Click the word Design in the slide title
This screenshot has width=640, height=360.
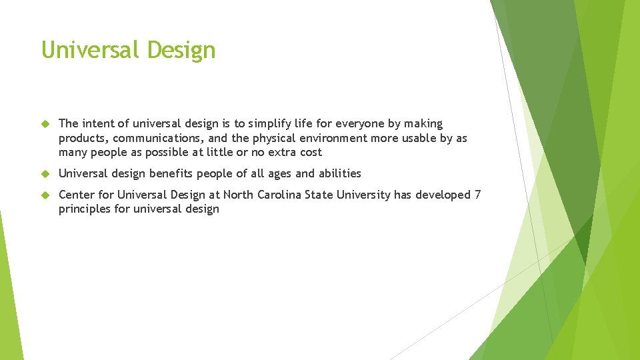coord(181,50)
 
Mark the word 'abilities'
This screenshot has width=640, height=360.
coord(339,173)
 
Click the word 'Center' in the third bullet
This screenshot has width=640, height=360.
coord(76,195)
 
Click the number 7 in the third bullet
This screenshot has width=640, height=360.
coord(477,195)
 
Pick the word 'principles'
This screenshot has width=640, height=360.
coord(83,209)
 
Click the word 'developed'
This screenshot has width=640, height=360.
coord(444,195)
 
